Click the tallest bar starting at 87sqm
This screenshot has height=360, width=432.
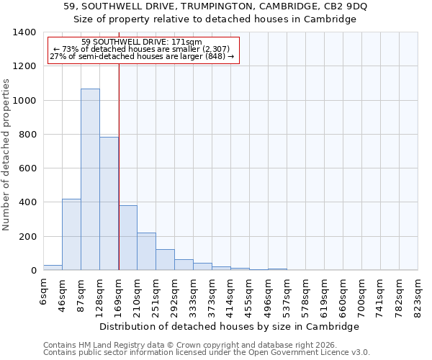[90, 180]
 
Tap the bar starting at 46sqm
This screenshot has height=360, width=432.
[71, 235]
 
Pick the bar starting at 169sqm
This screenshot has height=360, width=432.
[127, 238]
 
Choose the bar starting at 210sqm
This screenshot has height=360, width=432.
[146, 251]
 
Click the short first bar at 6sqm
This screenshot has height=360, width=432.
[53, 267]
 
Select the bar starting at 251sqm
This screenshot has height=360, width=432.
[165, 260]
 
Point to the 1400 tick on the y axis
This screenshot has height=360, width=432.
[24, 32]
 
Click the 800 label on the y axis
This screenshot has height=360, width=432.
[27, 135]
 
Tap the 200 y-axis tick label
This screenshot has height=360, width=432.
[27, 237]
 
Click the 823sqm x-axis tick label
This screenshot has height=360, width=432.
[418, 294]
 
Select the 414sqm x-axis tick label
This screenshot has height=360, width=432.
[231, 294]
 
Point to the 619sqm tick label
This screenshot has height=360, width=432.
[325, 294]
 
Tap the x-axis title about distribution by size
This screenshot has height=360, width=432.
[229, 326]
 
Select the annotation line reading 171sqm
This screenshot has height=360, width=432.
[142, 42]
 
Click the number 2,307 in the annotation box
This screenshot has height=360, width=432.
[210, 49]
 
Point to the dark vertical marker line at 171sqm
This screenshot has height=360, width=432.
[119, 166]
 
